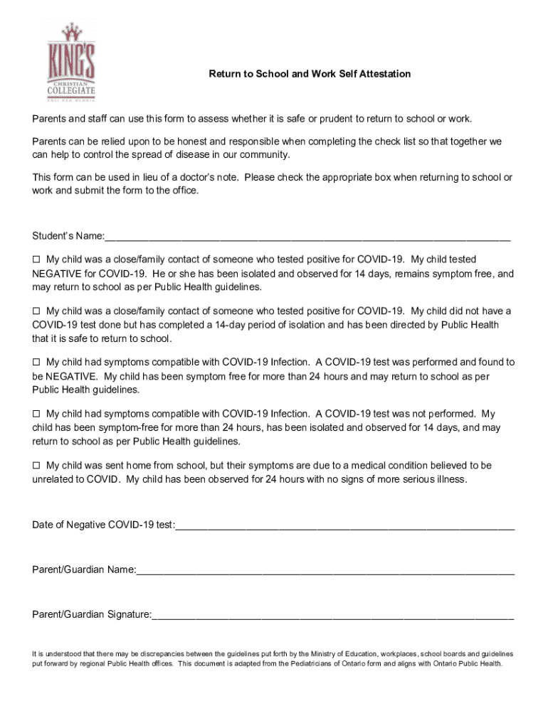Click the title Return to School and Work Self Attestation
click(x=309, y=74)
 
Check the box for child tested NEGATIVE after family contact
click(x=37, y=259)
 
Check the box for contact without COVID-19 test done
click(x=37, y=311)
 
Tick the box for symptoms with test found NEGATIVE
click(x=37, y=363)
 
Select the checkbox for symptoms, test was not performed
click(x=37, y=414)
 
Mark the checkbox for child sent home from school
click(x=37, y=466)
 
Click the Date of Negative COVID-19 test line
click(x=344, y=525)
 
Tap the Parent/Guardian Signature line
click(x=332, y=614)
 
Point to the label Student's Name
click(x=68, y=236)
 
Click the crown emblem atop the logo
click(x=70, y=32)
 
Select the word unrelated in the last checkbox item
click(x=54, y=479)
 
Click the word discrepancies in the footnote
click(x=164, y=653)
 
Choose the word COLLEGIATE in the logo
click(x=70, y=91)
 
